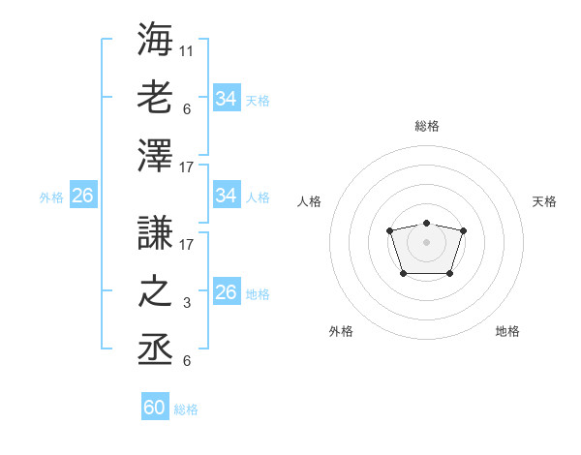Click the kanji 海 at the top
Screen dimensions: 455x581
pos(156,40)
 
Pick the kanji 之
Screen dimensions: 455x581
pos(156,291)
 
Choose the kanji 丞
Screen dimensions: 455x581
pos(156,349)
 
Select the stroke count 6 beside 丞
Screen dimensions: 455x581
pos(186,361)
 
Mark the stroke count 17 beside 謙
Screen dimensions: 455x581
pos(187,246)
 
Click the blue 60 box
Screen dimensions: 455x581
pos(155,408)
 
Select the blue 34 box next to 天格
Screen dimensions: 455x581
pos(226,98)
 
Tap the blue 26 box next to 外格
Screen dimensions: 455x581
pos(82,196)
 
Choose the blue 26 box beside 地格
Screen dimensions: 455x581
pos(226,292)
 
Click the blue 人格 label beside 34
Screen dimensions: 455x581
pos(258,197)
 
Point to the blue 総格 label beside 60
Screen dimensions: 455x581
pos(186,409)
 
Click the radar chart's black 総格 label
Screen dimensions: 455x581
pos(426,126)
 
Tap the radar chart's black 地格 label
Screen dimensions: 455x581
pos(507,331)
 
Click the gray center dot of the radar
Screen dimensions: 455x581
pos(426,242)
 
